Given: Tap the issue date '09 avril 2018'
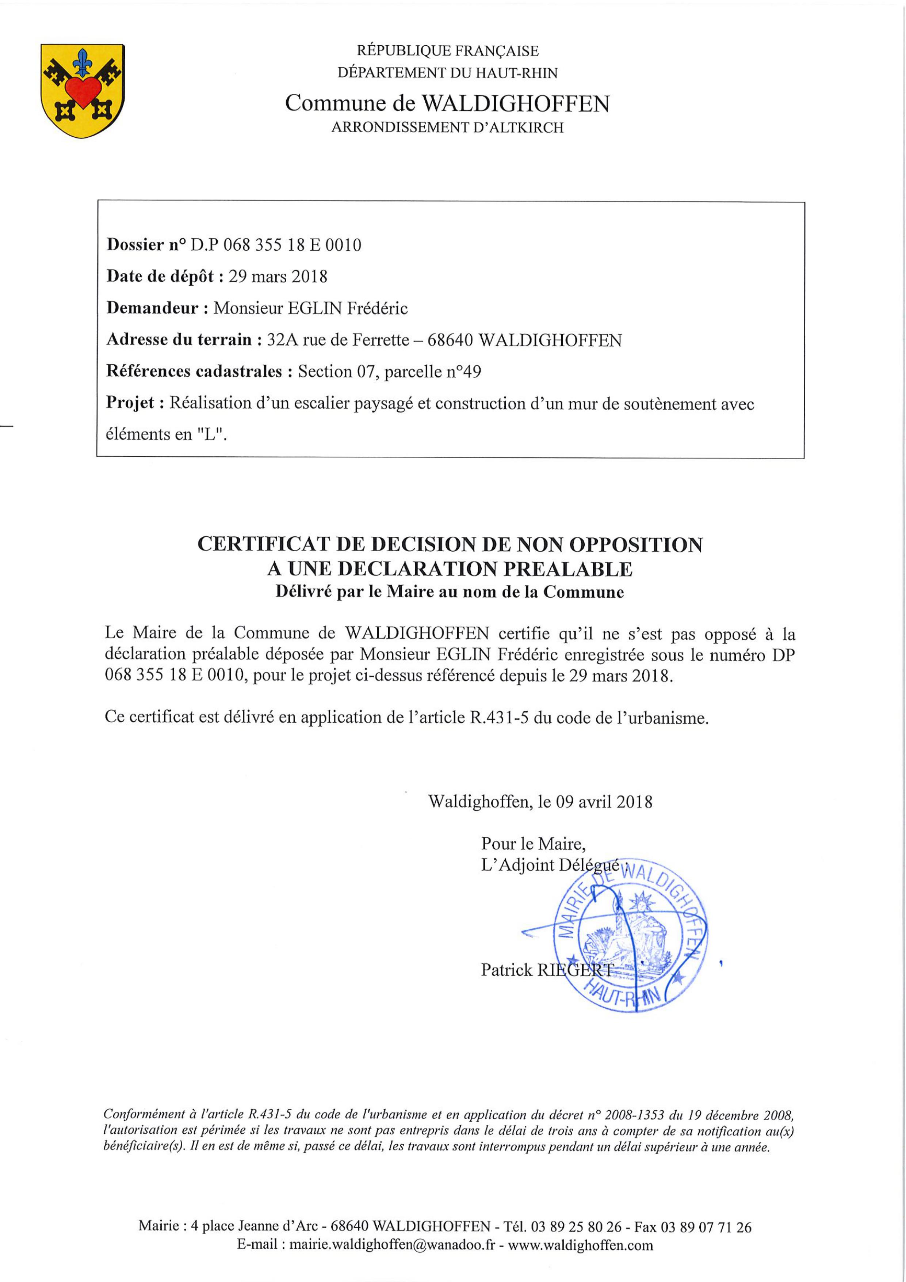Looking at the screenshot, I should click(x=603, y=802).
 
